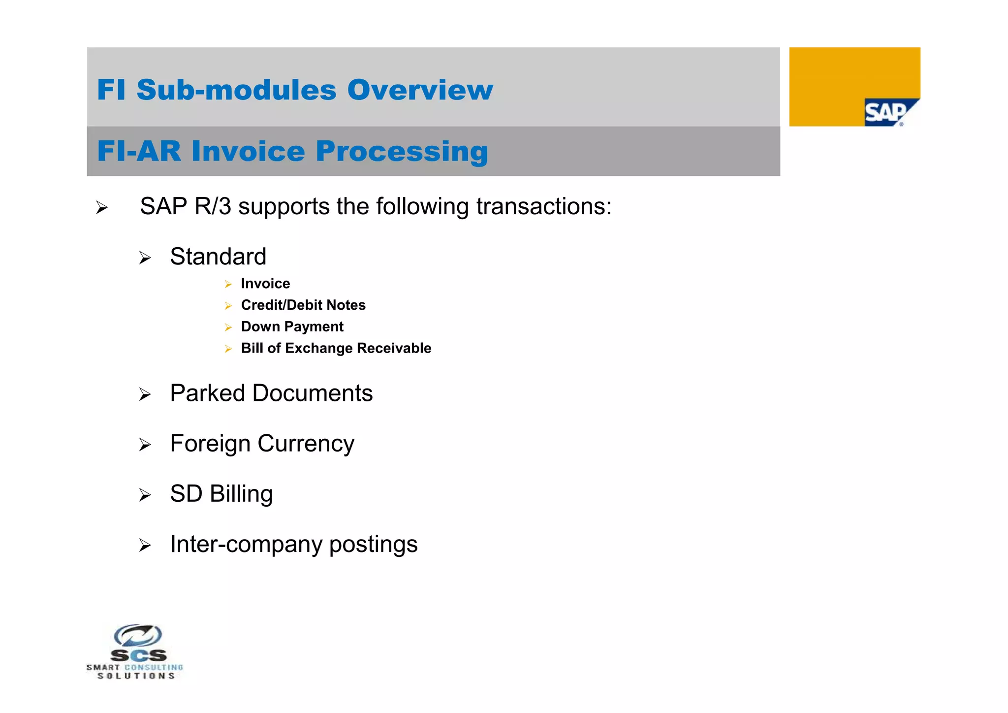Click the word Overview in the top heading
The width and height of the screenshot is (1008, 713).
[420, 90]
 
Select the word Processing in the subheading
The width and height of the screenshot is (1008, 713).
[402, 151]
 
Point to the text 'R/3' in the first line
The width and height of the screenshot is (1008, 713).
[213, 206]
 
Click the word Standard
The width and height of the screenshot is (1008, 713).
[218, 257]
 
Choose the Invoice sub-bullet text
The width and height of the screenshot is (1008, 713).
[265, 284]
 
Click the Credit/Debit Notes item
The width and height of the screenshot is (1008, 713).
[303, 305]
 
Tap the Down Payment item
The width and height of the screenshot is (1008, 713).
[292, 327]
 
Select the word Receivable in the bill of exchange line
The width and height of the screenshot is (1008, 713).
[394, 349]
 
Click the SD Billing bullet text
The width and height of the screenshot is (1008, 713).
[221, 494]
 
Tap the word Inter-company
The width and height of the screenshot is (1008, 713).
[246, 545]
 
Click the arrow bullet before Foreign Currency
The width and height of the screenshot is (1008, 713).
[145, 445]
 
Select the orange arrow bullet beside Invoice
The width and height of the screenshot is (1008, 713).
[228, 284]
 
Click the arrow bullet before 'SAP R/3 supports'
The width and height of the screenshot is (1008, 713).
[101, 208]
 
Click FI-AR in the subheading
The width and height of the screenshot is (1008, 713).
[139, 151]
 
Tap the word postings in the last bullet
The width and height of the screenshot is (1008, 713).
[373, 545]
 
